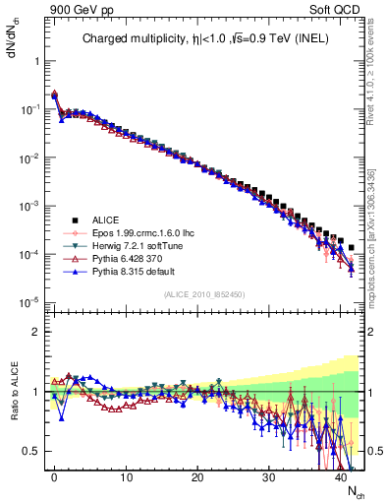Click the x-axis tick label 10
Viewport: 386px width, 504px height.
[126, 476]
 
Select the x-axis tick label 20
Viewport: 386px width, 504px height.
[197, 476]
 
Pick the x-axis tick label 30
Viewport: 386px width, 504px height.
[269, 476]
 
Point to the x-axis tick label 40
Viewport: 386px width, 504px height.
[340, 476]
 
